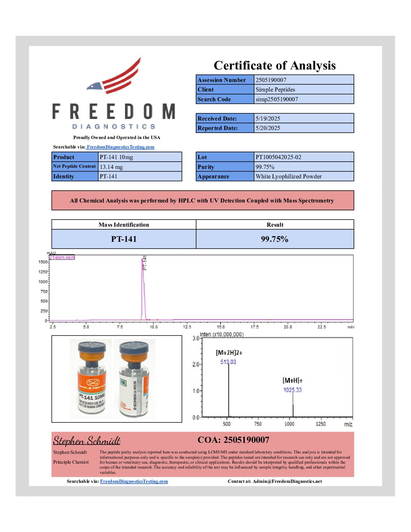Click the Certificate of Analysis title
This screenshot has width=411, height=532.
point(275,65)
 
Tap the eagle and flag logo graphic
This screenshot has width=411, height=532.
point(115,77)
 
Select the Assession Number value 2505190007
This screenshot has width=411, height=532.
point(271,80)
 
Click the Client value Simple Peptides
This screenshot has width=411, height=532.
point(275,90)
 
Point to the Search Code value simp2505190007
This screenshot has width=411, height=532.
point(277,99)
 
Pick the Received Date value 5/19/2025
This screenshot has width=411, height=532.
point(268,118)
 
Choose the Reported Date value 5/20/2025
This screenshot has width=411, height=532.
point(268,128)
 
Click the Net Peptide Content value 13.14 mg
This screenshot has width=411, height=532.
point(111,167)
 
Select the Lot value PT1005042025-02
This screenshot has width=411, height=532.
point(278,157)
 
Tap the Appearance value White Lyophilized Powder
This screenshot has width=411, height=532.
point(289,176)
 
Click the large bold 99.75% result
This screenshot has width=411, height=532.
point(275,239)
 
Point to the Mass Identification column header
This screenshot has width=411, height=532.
point(124,225)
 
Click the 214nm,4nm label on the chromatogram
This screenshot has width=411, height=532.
point(62,258)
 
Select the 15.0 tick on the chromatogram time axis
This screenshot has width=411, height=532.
point(221,327)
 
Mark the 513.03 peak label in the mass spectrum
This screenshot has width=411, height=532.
point(228,362)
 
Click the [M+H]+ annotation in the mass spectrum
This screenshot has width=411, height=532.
point(292,380)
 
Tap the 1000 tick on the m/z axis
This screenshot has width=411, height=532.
point(289,424)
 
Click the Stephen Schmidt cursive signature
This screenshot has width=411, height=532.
point(87,441)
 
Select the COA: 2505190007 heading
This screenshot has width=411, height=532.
point(233,440)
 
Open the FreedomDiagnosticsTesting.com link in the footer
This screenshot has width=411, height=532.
point(134,481)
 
